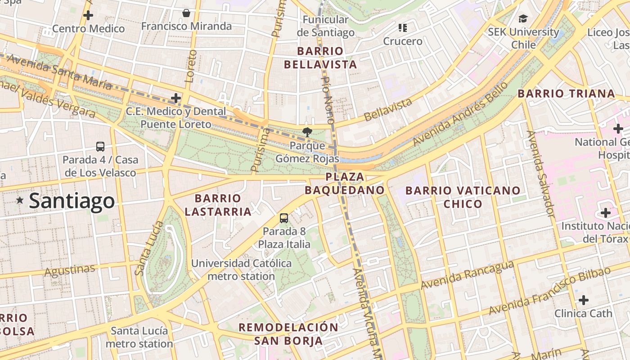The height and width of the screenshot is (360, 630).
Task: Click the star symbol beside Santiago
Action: [x=20, y=200]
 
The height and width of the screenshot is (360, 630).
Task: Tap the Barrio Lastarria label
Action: [x=218, y=205]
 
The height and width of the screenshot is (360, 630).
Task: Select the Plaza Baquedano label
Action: [x=345, y=183]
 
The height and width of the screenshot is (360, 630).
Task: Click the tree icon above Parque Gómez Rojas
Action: [x=307, y=132]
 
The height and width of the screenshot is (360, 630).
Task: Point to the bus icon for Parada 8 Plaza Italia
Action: [x=284, y=218]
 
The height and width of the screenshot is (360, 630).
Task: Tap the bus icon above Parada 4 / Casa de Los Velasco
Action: [x=100, y=147]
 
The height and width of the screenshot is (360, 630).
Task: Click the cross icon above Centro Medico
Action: [x=88, y=15]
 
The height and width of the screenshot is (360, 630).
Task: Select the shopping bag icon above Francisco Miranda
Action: [x=186, y=13]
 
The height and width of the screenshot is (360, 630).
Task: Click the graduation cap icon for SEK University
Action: [x=523, y=18]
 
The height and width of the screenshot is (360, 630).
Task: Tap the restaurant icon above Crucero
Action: [x=403, y=28]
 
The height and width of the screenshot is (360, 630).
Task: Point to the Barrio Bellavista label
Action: [x=320, y=58]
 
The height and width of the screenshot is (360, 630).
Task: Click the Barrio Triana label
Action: [x=566, y=94]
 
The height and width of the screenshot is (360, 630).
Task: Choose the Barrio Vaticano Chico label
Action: [x=463, y=197]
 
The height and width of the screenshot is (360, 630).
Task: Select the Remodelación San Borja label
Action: [x=288, y=334]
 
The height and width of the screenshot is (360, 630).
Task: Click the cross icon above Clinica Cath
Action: [x=584, y=300]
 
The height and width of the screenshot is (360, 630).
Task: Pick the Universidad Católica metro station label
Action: [x=241, y=270]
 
